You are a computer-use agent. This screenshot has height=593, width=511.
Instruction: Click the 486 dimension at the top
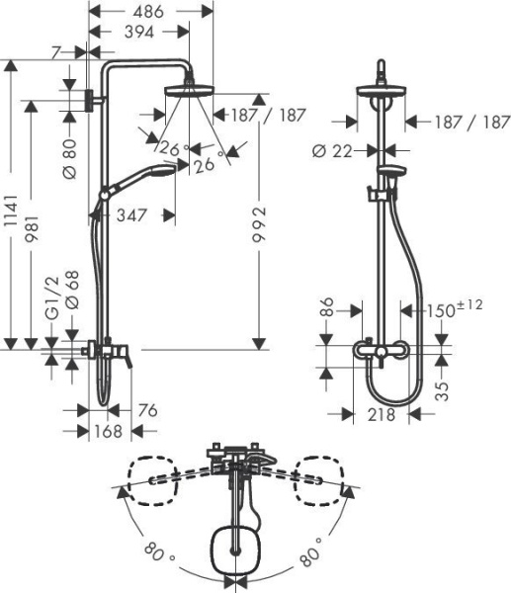tap(150, 13)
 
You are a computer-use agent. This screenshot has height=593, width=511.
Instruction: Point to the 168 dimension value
tap(109, 431)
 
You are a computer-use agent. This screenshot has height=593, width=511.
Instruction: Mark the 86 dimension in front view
tap(329, 310)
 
